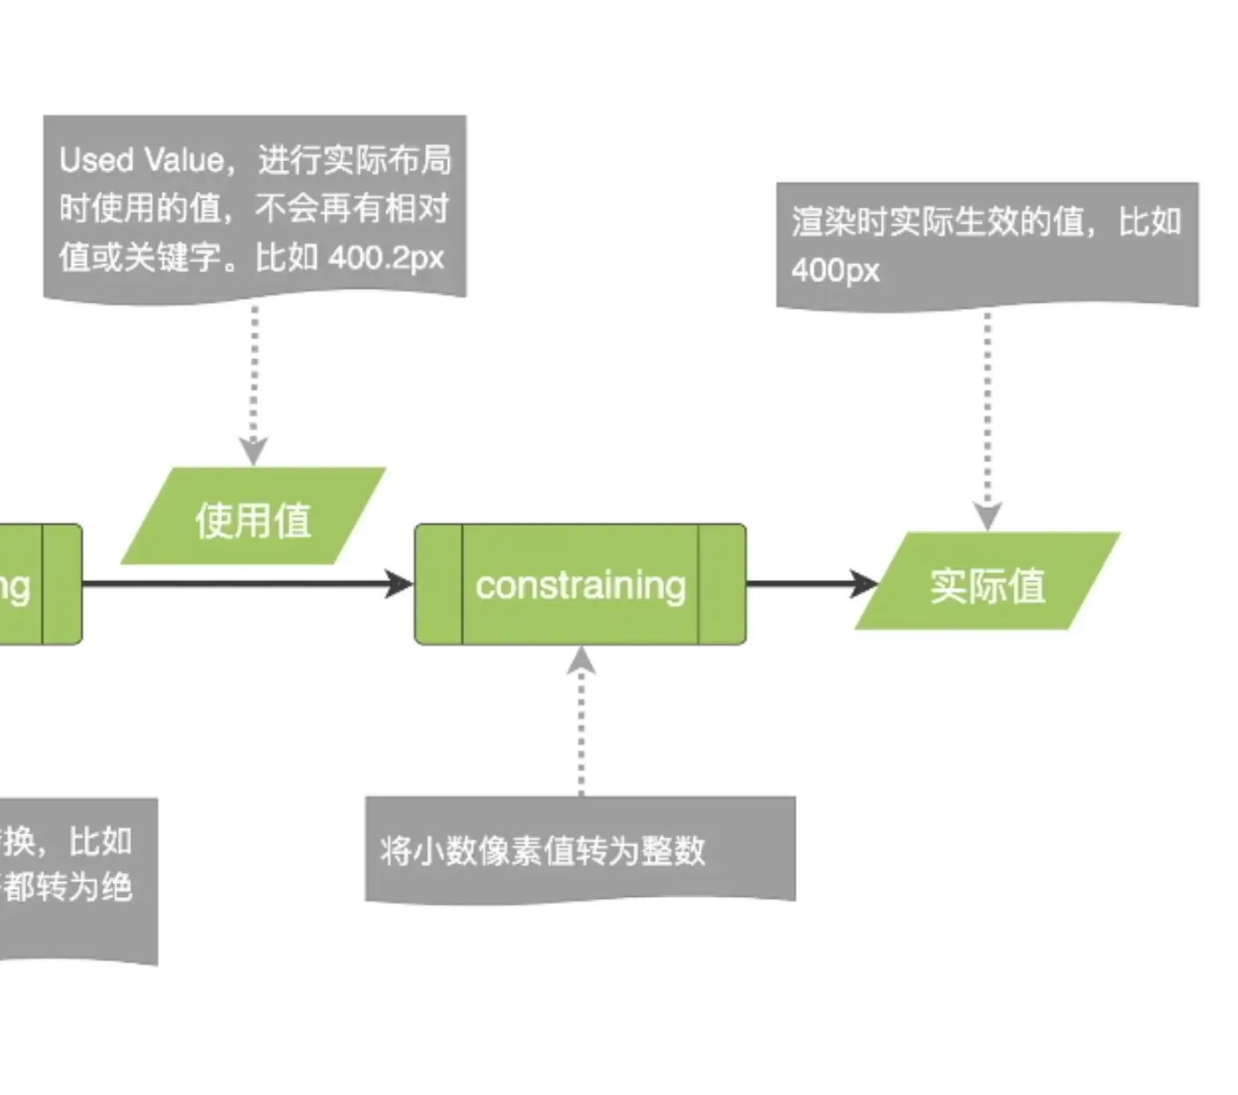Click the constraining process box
pos(580,584)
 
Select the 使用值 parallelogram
pos(253,518)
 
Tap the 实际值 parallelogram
pos(987,584)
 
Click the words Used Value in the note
pos(142,160)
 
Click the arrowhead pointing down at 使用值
pos(254,450)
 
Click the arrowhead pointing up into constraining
pos(580,659)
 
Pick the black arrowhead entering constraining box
pos(399,583)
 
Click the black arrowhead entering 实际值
pos(864,583)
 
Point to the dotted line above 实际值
pos(987,405)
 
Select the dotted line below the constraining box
pos(580,731)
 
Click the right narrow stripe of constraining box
pos(722,584)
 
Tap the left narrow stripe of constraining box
pos(438,584)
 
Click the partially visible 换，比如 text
pos(67,841)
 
